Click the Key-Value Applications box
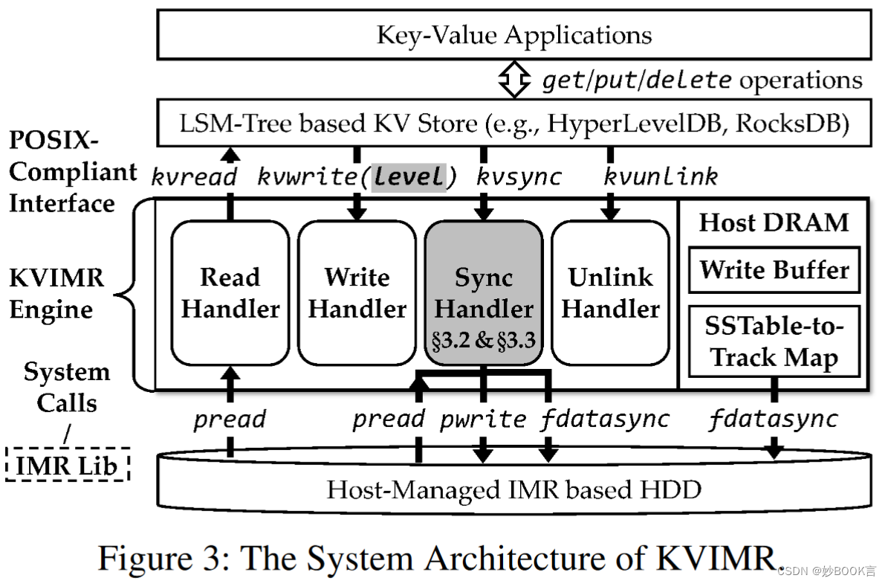pos(513,35)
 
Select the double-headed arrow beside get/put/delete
pos(513,80)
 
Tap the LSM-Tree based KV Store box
pos(513,123)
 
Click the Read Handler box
pos(230,293)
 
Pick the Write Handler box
pos(357,293)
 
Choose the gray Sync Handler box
pos(483,293)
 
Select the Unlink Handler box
pos(610,293)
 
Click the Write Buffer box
pos(774,269)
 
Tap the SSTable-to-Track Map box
pos(774,341)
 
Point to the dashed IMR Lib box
pos(68,466)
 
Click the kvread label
pos(194,177)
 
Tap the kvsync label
pos(519,177)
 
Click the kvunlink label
pos(661,177)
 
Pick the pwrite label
pos(483,420)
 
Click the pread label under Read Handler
pos(230,420)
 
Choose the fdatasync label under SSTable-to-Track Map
pos(773,420)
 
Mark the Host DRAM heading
pos(774,222)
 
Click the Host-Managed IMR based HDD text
pos(513,490)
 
